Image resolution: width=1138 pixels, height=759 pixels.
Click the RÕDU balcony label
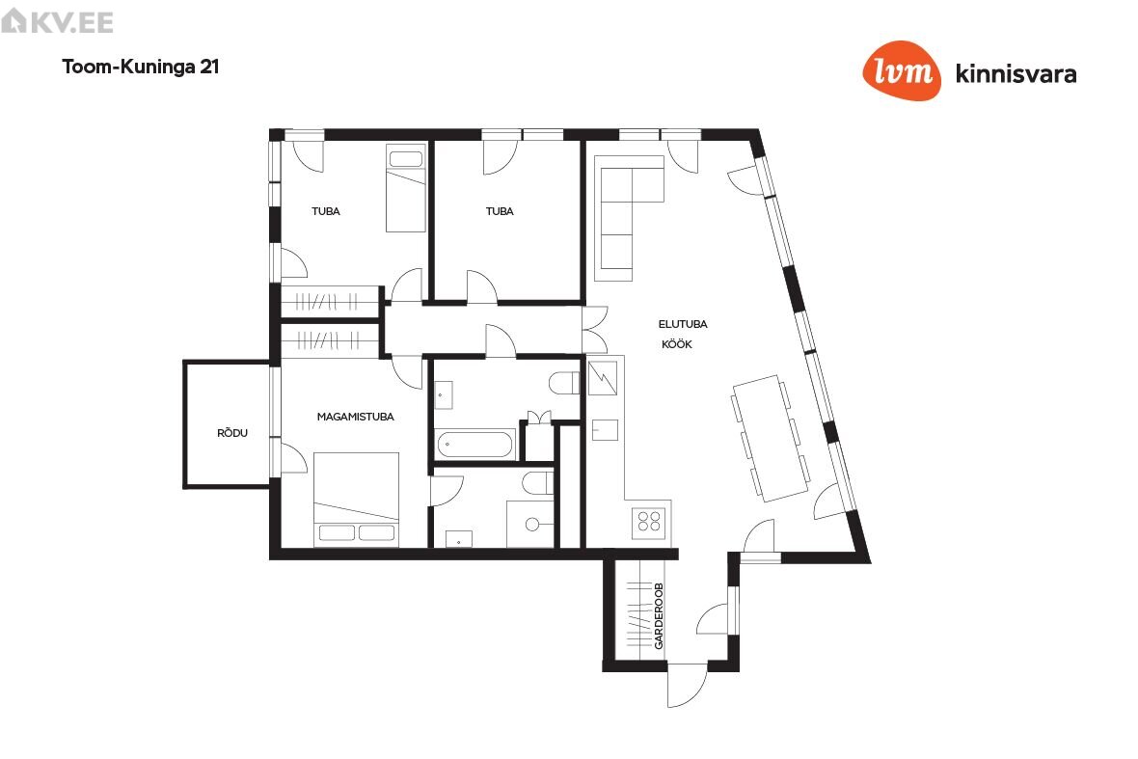[x=232, y=433]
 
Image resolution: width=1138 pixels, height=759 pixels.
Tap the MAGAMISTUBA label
[x=356, y=417]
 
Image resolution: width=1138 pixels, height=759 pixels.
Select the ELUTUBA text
[x=683, y=324]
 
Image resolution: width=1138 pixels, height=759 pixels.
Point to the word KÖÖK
[x=677, y=344]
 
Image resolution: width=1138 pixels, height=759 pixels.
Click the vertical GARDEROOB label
[x=659, y=616]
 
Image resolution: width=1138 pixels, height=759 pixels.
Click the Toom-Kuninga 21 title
[x=141, y=67]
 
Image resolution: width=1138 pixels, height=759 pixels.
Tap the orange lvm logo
[x=902, y=70]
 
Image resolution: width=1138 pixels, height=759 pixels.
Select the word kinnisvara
[x=1016, y=74]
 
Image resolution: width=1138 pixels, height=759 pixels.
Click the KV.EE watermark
[x=57, y=22]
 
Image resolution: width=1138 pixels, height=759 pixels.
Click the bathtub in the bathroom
[x=474, y=444]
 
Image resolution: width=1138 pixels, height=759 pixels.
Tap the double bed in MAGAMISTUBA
[x=357, y=500]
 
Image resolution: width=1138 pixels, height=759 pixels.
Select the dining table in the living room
[x=771, y=438]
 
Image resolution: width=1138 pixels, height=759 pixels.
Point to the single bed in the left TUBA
[x=406, y=189]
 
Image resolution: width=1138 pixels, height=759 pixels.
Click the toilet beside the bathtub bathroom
[x=564, y=383]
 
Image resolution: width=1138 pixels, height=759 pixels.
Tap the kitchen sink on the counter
[x=605, y=430]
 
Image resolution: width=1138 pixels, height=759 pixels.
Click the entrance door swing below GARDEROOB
[x=687, y=685]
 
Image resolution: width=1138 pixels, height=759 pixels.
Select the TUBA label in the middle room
[x=501, y=211]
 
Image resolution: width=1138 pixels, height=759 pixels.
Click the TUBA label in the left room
[x=326, y=211]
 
